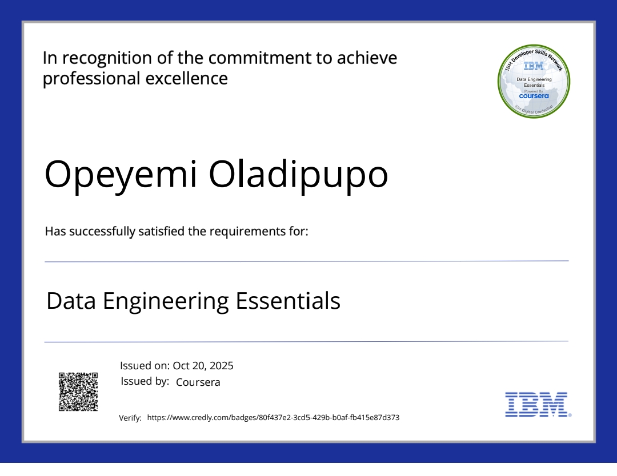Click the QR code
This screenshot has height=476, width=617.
click(78, 392)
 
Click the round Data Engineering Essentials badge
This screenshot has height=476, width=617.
click(534, 82)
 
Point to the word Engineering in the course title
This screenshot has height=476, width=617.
click(166, 301)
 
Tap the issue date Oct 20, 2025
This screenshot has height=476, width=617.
click(203, 366)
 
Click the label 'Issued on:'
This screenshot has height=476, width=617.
click(145, 366)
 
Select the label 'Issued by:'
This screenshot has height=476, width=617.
click(145, 381)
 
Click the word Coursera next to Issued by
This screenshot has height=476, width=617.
click(198, 382)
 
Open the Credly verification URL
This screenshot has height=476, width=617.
click(273, 418)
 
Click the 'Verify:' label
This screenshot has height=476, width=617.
click(130, 418)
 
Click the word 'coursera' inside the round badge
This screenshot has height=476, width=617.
click(534, 96)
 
